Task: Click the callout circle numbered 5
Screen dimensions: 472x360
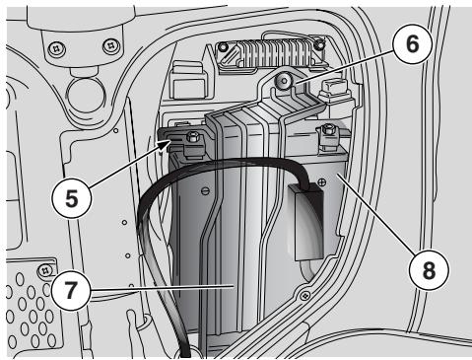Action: [x=71, y=198]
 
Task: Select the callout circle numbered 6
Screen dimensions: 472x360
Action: [x=412, y=43]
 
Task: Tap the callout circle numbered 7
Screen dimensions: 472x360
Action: [x=71, y=290]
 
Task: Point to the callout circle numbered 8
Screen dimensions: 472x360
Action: [x=429, y=270]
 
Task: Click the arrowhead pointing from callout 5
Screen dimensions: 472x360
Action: [x=166, y=144]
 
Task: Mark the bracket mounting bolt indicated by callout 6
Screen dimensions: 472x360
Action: [x=283, y=81]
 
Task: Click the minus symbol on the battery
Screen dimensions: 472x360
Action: [x=205, y=190]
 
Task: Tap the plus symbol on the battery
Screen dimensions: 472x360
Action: [x=322, y=180]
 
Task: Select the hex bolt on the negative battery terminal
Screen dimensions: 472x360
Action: [x=191, y=136]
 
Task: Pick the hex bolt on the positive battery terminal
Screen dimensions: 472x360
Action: [x=327, y=129]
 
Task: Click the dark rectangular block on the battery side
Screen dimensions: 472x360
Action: [x=305, y=222]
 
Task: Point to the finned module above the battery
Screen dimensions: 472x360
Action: [x=270, y=52]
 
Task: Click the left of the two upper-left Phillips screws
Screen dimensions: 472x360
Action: [x=57, y=48]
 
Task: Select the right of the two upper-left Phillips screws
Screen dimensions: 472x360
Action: [x=111, y=46]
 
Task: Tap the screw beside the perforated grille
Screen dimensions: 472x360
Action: [x=44, y=270]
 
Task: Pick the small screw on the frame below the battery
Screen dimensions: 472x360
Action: [x=305, y=295]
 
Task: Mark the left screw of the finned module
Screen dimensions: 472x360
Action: [x=223, y=47]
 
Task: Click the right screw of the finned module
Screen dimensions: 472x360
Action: [x=317, y=43]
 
